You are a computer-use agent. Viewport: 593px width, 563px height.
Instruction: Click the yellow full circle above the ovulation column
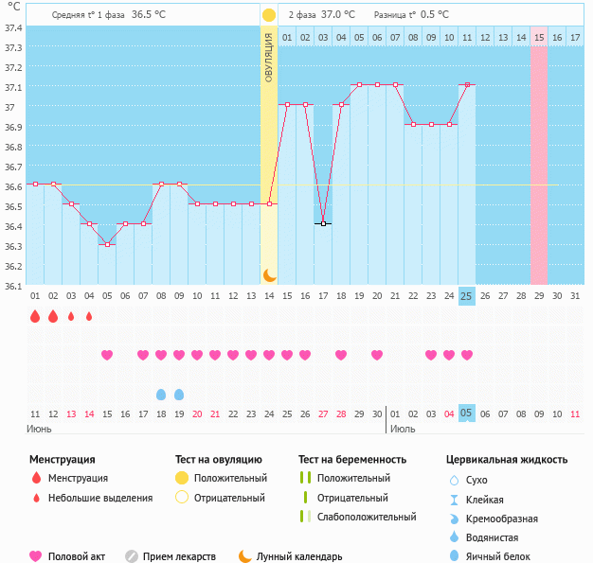coord(269,15)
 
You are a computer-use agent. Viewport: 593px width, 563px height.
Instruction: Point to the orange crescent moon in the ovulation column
coord(269,274)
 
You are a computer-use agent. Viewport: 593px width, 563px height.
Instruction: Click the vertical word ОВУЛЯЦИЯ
coord(269,58)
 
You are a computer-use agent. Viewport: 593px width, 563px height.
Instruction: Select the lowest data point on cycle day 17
coord(323,223)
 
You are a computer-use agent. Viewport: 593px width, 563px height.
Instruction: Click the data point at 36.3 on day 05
coord(107,244)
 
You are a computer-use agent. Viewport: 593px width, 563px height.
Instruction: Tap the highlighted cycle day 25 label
coord(466,296)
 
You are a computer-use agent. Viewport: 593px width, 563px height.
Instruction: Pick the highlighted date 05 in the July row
coord(466,413)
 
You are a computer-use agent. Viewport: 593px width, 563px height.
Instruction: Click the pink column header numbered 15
coord(538,37)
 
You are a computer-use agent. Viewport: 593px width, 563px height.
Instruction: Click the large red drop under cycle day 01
coord(35,317)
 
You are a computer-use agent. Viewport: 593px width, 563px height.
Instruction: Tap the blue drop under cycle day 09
coord(179,394)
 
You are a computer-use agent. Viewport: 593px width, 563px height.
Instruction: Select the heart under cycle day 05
coord(107,355)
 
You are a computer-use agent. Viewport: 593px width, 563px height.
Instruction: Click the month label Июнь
coord(40,429)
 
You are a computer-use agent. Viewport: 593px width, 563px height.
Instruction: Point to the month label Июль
coord(403,429)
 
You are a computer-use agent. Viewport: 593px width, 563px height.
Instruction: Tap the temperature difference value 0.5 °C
coord(435,15)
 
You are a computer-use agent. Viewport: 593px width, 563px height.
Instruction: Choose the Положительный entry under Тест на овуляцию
coord(230,478)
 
